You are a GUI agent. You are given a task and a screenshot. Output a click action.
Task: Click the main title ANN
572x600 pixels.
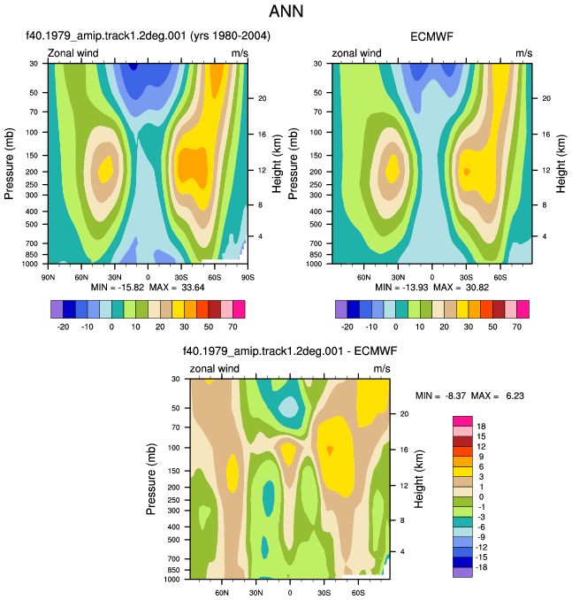286,12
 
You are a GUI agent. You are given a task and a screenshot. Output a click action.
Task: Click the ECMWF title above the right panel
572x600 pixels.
431,37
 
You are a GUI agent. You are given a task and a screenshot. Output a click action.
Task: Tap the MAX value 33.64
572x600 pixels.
193,288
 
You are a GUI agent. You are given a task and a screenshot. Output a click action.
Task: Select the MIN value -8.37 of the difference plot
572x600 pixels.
455,396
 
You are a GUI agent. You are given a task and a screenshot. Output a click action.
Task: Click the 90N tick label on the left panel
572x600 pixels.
48,277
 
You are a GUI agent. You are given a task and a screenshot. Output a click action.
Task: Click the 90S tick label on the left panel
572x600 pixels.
248,277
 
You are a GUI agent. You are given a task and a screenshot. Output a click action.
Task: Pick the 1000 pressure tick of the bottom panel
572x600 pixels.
172,580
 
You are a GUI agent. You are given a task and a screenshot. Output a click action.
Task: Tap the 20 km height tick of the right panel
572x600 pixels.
546,98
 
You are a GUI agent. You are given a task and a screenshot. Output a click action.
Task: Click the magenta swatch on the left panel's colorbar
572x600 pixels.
239,309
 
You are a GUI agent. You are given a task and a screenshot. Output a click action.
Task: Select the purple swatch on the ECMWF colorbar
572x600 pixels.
341,309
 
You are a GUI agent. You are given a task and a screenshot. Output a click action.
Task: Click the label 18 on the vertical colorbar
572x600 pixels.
481,427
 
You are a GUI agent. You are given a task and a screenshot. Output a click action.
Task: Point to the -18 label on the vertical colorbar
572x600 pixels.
481,567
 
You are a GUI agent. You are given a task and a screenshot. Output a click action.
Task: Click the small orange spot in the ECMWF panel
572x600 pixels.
467,172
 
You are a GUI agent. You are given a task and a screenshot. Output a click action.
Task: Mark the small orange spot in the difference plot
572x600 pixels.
330,450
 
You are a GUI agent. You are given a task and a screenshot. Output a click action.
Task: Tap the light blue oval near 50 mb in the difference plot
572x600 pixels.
288,407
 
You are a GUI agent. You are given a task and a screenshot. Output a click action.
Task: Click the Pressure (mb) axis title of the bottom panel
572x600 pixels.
150,479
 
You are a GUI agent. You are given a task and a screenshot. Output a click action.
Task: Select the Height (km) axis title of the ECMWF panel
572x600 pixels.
561,164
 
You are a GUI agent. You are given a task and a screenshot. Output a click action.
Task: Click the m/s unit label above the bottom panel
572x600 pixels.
382,368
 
